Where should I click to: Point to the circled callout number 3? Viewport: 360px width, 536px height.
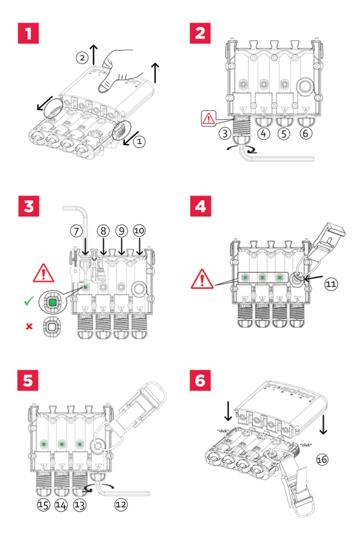coord(225,133)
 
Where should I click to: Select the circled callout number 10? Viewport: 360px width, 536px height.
coord(139,231)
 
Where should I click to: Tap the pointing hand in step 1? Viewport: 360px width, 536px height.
coord(117,68)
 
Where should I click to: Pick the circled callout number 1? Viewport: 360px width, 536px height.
coord(139,141)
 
